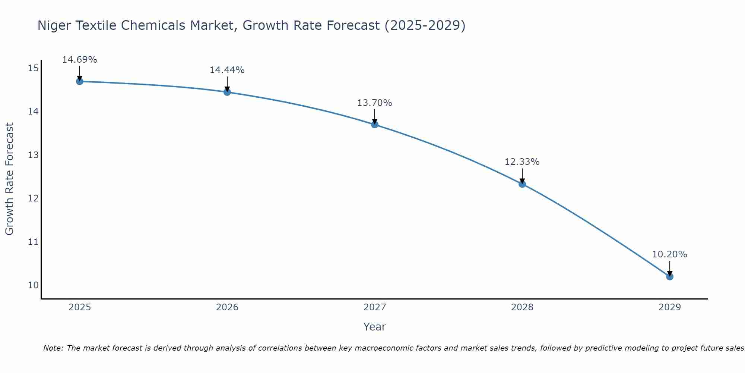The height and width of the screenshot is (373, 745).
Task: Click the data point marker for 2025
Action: (79, 81)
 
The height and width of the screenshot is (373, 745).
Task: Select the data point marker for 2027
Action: (375, 125)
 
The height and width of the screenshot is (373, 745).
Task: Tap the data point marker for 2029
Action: (669, 276)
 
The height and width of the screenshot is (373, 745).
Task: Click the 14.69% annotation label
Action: (79, 60)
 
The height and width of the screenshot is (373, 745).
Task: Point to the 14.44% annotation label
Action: (227, 70)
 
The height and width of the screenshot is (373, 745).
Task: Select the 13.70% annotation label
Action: (374, 103)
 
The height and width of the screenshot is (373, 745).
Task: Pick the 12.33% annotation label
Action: (522, 162)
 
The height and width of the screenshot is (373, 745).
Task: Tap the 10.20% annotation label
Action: (669, 254)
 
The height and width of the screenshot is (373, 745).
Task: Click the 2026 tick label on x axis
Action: (227, 307)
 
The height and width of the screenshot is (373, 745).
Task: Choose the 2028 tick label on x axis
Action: (522, 307)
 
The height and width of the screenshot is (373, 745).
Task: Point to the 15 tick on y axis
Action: (33, 68)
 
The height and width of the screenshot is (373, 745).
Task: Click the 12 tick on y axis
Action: (33, 198)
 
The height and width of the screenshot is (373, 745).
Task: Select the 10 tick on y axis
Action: (33, 285)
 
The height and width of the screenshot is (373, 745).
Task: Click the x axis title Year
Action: (374, 327)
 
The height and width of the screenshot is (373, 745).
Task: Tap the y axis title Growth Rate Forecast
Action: (10, 179)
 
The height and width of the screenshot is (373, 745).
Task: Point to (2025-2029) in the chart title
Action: (425, 26)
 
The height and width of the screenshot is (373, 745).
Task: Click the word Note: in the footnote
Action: (54, 348)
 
